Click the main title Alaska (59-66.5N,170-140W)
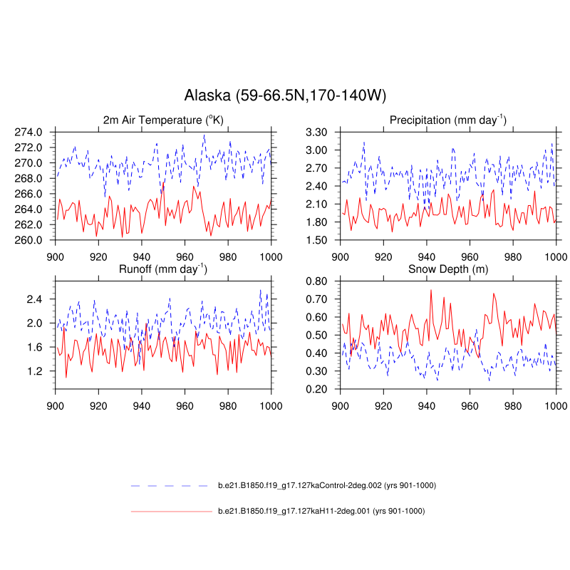coord(285,95)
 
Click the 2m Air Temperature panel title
coord(163,120)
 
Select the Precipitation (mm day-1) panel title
coord(447,120)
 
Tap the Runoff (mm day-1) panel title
coord(163,269)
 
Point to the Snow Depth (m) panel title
coord(447,269)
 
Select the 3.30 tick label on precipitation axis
coord(317,132)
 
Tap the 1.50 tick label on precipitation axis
coord(317,240)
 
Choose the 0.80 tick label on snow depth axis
coord(317,281)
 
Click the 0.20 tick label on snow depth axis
coord(317,389)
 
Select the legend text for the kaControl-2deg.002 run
coord(326,485)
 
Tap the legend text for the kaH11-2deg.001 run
coord(321,511)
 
